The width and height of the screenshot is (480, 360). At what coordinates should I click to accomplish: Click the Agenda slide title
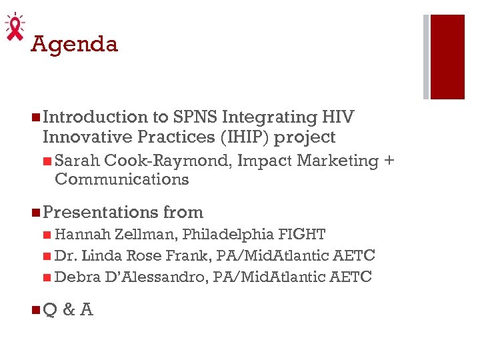pos(75,44)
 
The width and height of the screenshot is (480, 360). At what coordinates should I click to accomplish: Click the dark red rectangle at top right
pos(447,57)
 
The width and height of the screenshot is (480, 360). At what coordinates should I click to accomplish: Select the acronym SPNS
pos(195,117)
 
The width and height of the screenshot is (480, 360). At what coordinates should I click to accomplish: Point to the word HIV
pos(337,117)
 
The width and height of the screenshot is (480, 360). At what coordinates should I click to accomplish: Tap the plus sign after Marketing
pos(389,161)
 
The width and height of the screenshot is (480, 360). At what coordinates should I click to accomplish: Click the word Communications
pos(122,179)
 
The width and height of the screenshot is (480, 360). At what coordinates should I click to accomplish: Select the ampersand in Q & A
pos(68,309)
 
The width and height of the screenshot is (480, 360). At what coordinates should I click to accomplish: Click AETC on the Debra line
pos(351,277)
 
